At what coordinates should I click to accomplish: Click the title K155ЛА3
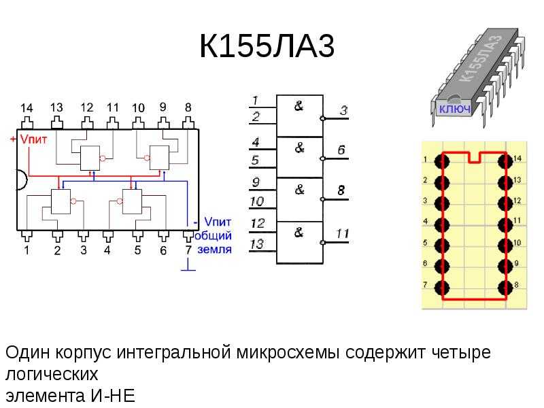(x=267, y=46)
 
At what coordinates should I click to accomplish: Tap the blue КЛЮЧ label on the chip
(x=455, y=109)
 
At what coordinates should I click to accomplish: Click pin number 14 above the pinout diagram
(x=27, y=108)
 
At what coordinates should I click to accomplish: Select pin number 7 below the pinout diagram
(x=188, y=250)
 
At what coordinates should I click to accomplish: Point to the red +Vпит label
(x=29, y=139)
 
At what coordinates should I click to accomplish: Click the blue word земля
(x=214, y=249)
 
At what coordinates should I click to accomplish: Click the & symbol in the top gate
(x=299, y=106)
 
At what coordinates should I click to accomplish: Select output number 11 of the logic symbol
(x=342, y=233)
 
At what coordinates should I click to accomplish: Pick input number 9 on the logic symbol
(x=256, y=182)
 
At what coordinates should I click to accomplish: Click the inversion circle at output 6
(x=322, y=158)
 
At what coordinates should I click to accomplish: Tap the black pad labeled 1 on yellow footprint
(x=441, y=161)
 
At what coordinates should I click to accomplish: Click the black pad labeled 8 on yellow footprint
(x=505, y=288)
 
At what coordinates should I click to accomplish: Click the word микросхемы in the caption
(x=288, y=352)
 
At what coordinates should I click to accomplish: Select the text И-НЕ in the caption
(x=113, y=396)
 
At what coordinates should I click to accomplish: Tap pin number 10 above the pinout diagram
(x=138, y=108)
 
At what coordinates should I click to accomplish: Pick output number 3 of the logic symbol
(x=343, y=110)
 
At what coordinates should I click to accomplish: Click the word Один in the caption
(x=28, y=352)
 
